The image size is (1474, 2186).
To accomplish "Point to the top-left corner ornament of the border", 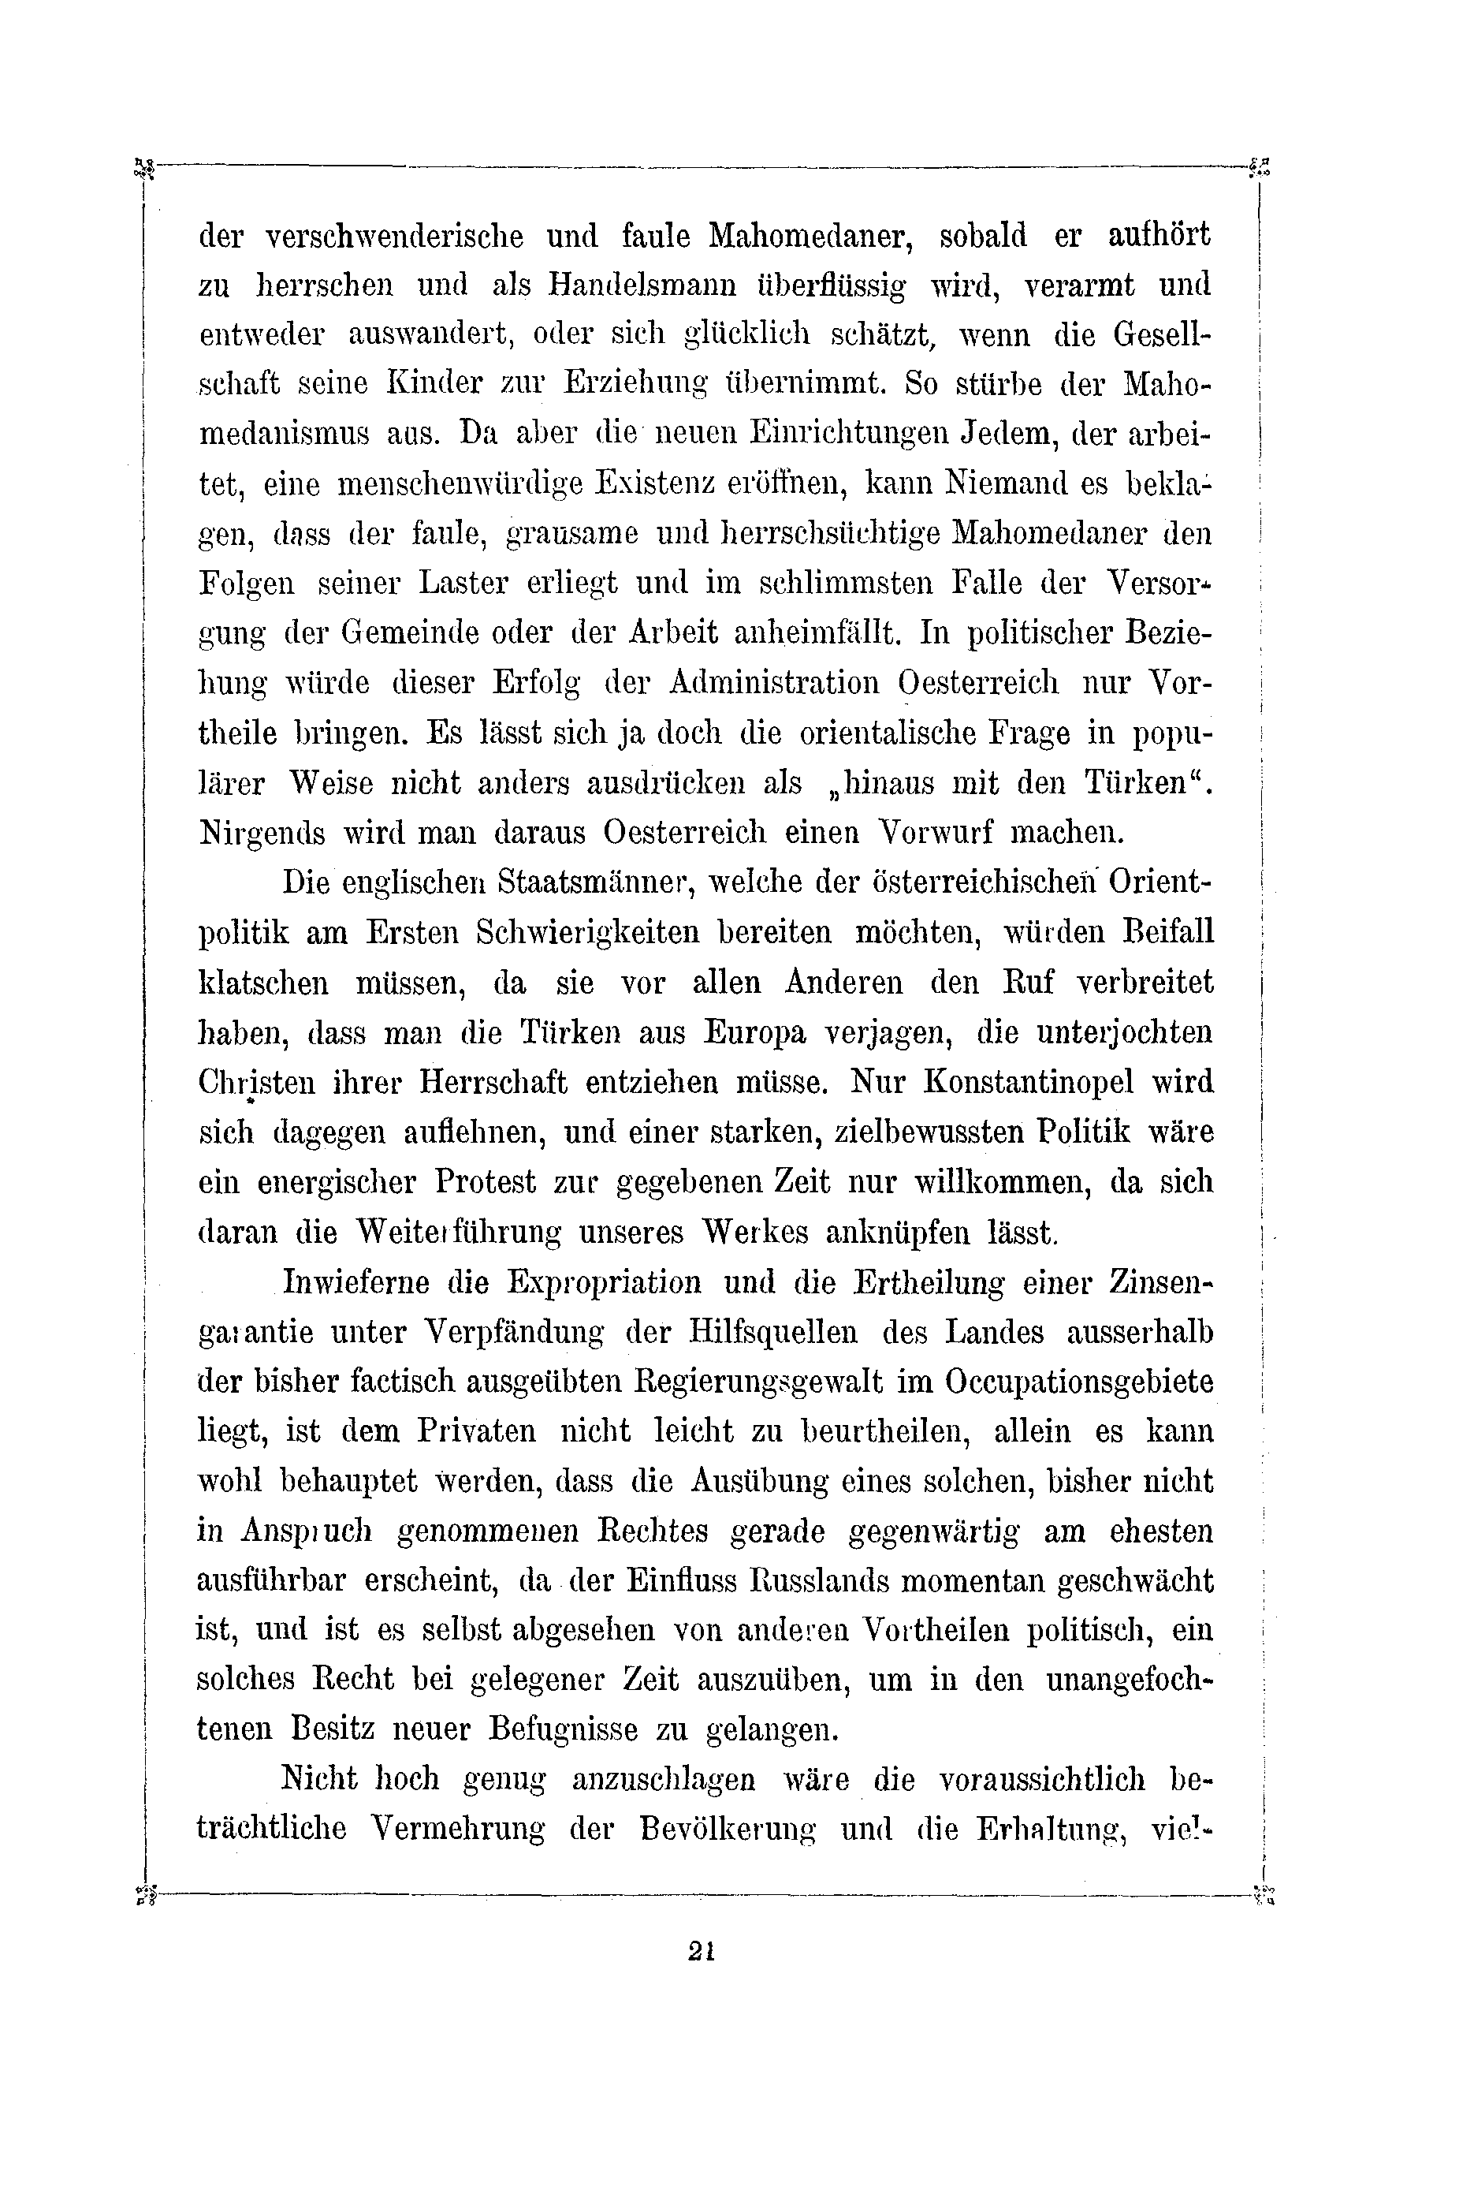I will coord(143,168).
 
